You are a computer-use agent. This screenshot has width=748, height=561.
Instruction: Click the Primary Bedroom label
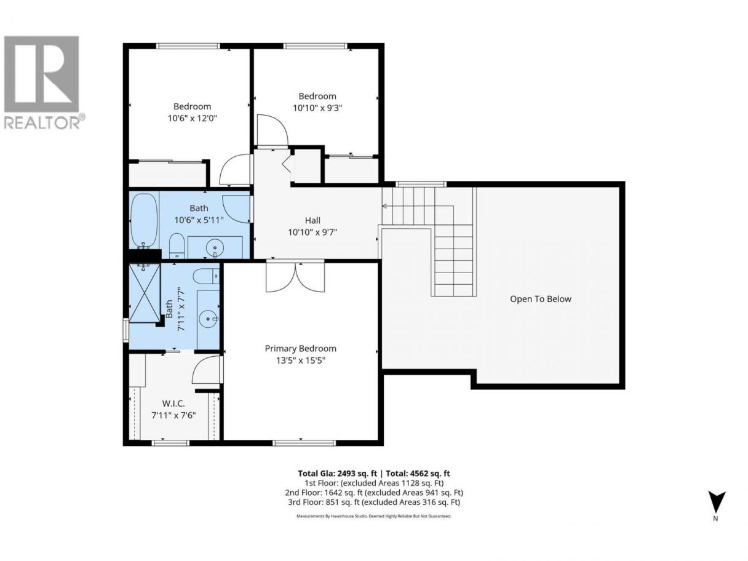tap(300, 348)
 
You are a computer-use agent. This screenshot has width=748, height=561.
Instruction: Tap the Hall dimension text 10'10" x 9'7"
tap(312, 233)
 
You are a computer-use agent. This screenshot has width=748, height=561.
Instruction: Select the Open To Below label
tap(540, 299)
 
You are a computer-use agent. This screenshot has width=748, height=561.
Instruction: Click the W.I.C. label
tap(173, 404)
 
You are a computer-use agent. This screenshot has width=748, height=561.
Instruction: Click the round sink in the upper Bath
tap(215, 246)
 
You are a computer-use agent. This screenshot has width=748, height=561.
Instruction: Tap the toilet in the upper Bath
tap(177, 245)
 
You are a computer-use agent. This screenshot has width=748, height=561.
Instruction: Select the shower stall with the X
tap(145, 293)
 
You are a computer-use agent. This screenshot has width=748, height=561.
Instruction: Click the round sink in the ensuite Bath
tap(208, 319)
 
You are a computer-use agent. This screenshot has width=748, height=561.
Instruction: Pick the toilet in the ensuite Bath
tap(206, 276)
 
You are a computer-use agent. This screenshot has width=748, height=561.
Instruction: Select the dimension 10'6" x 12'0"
tap(192, 119)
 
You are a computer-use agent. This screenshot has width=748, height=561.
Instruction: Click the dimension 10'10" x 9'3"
tap(317, 108)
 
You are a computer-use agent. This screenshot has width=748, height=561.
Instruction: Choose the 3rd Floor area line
tap(374, 502)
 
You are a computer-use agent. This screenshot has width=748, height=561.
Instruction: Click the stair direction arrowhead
tap(384, 206)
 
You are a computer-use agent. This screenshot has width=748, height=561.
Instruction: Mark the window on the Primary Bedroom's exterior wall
tap(304, 443)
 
